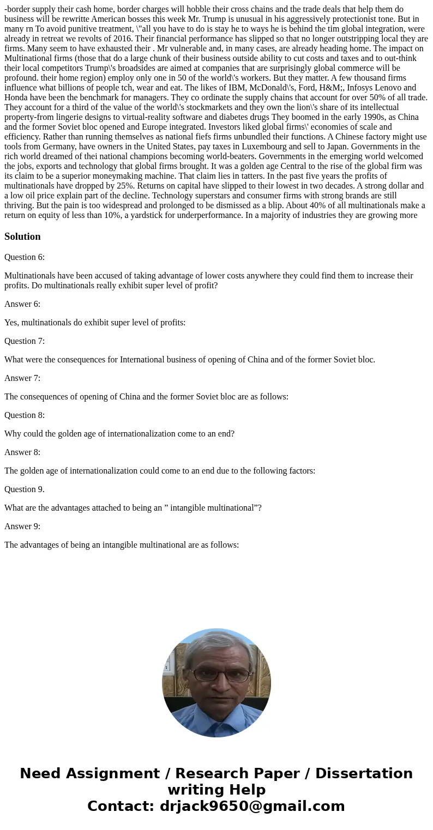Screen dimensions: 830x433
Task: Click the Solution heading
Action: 22,237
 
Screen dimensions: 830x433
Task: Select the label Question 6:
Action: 25,257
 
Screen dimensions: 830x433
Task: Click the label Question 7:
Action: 25,341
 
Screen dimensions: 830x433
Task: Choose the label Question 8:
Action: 25,415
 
